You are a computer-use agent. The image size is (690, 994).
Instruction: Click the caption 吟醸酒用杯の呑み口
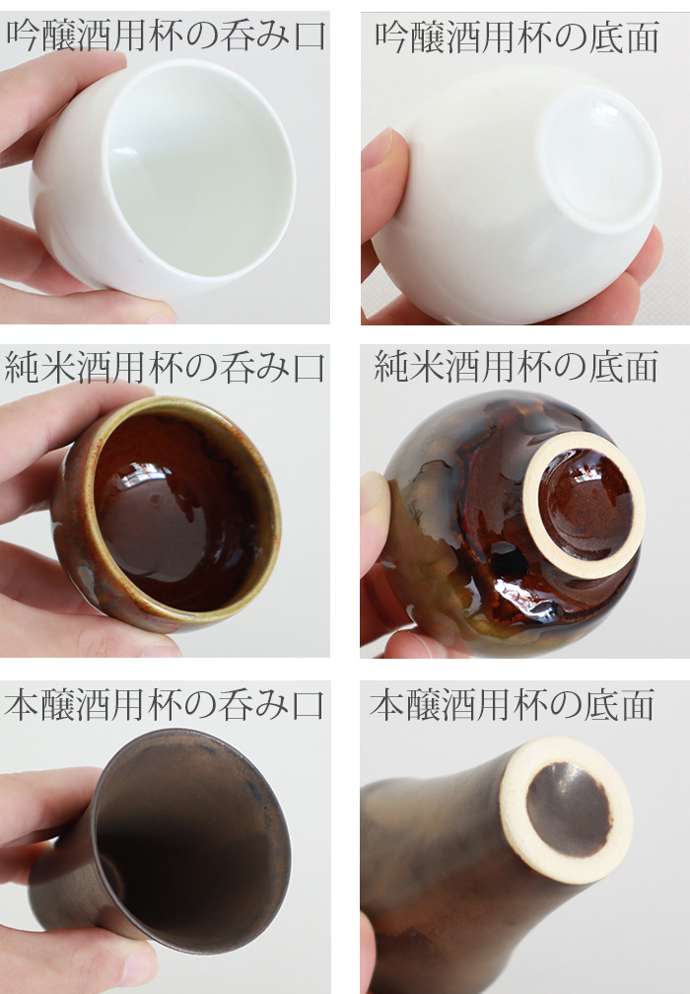(x=166, y=36)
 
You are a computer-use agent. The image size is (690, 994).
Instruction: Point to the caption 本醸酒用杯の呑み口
(x=165, y=706)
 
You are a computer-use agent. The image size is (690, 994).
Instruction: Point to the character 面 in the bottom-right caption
(x=638, y=706)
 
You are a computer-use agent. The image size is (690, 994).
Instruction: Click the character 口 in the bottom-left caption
(x=309, y=706)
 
